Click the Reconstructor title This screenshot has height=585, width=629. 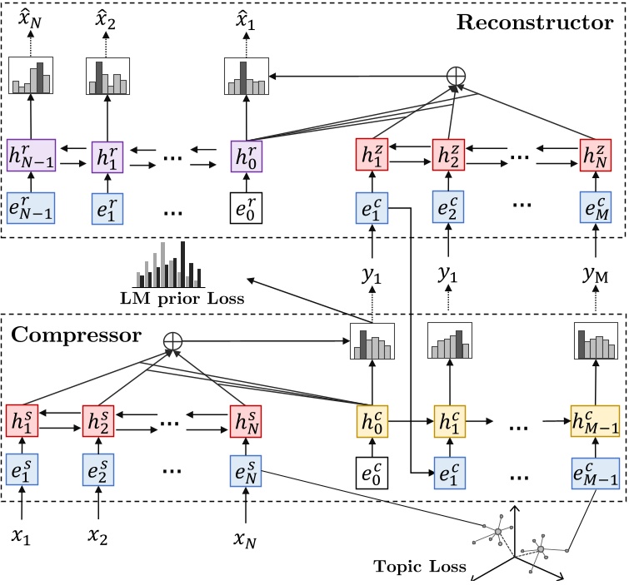[533, 22]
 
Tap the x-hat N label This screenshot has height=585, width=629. [30, 15]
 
